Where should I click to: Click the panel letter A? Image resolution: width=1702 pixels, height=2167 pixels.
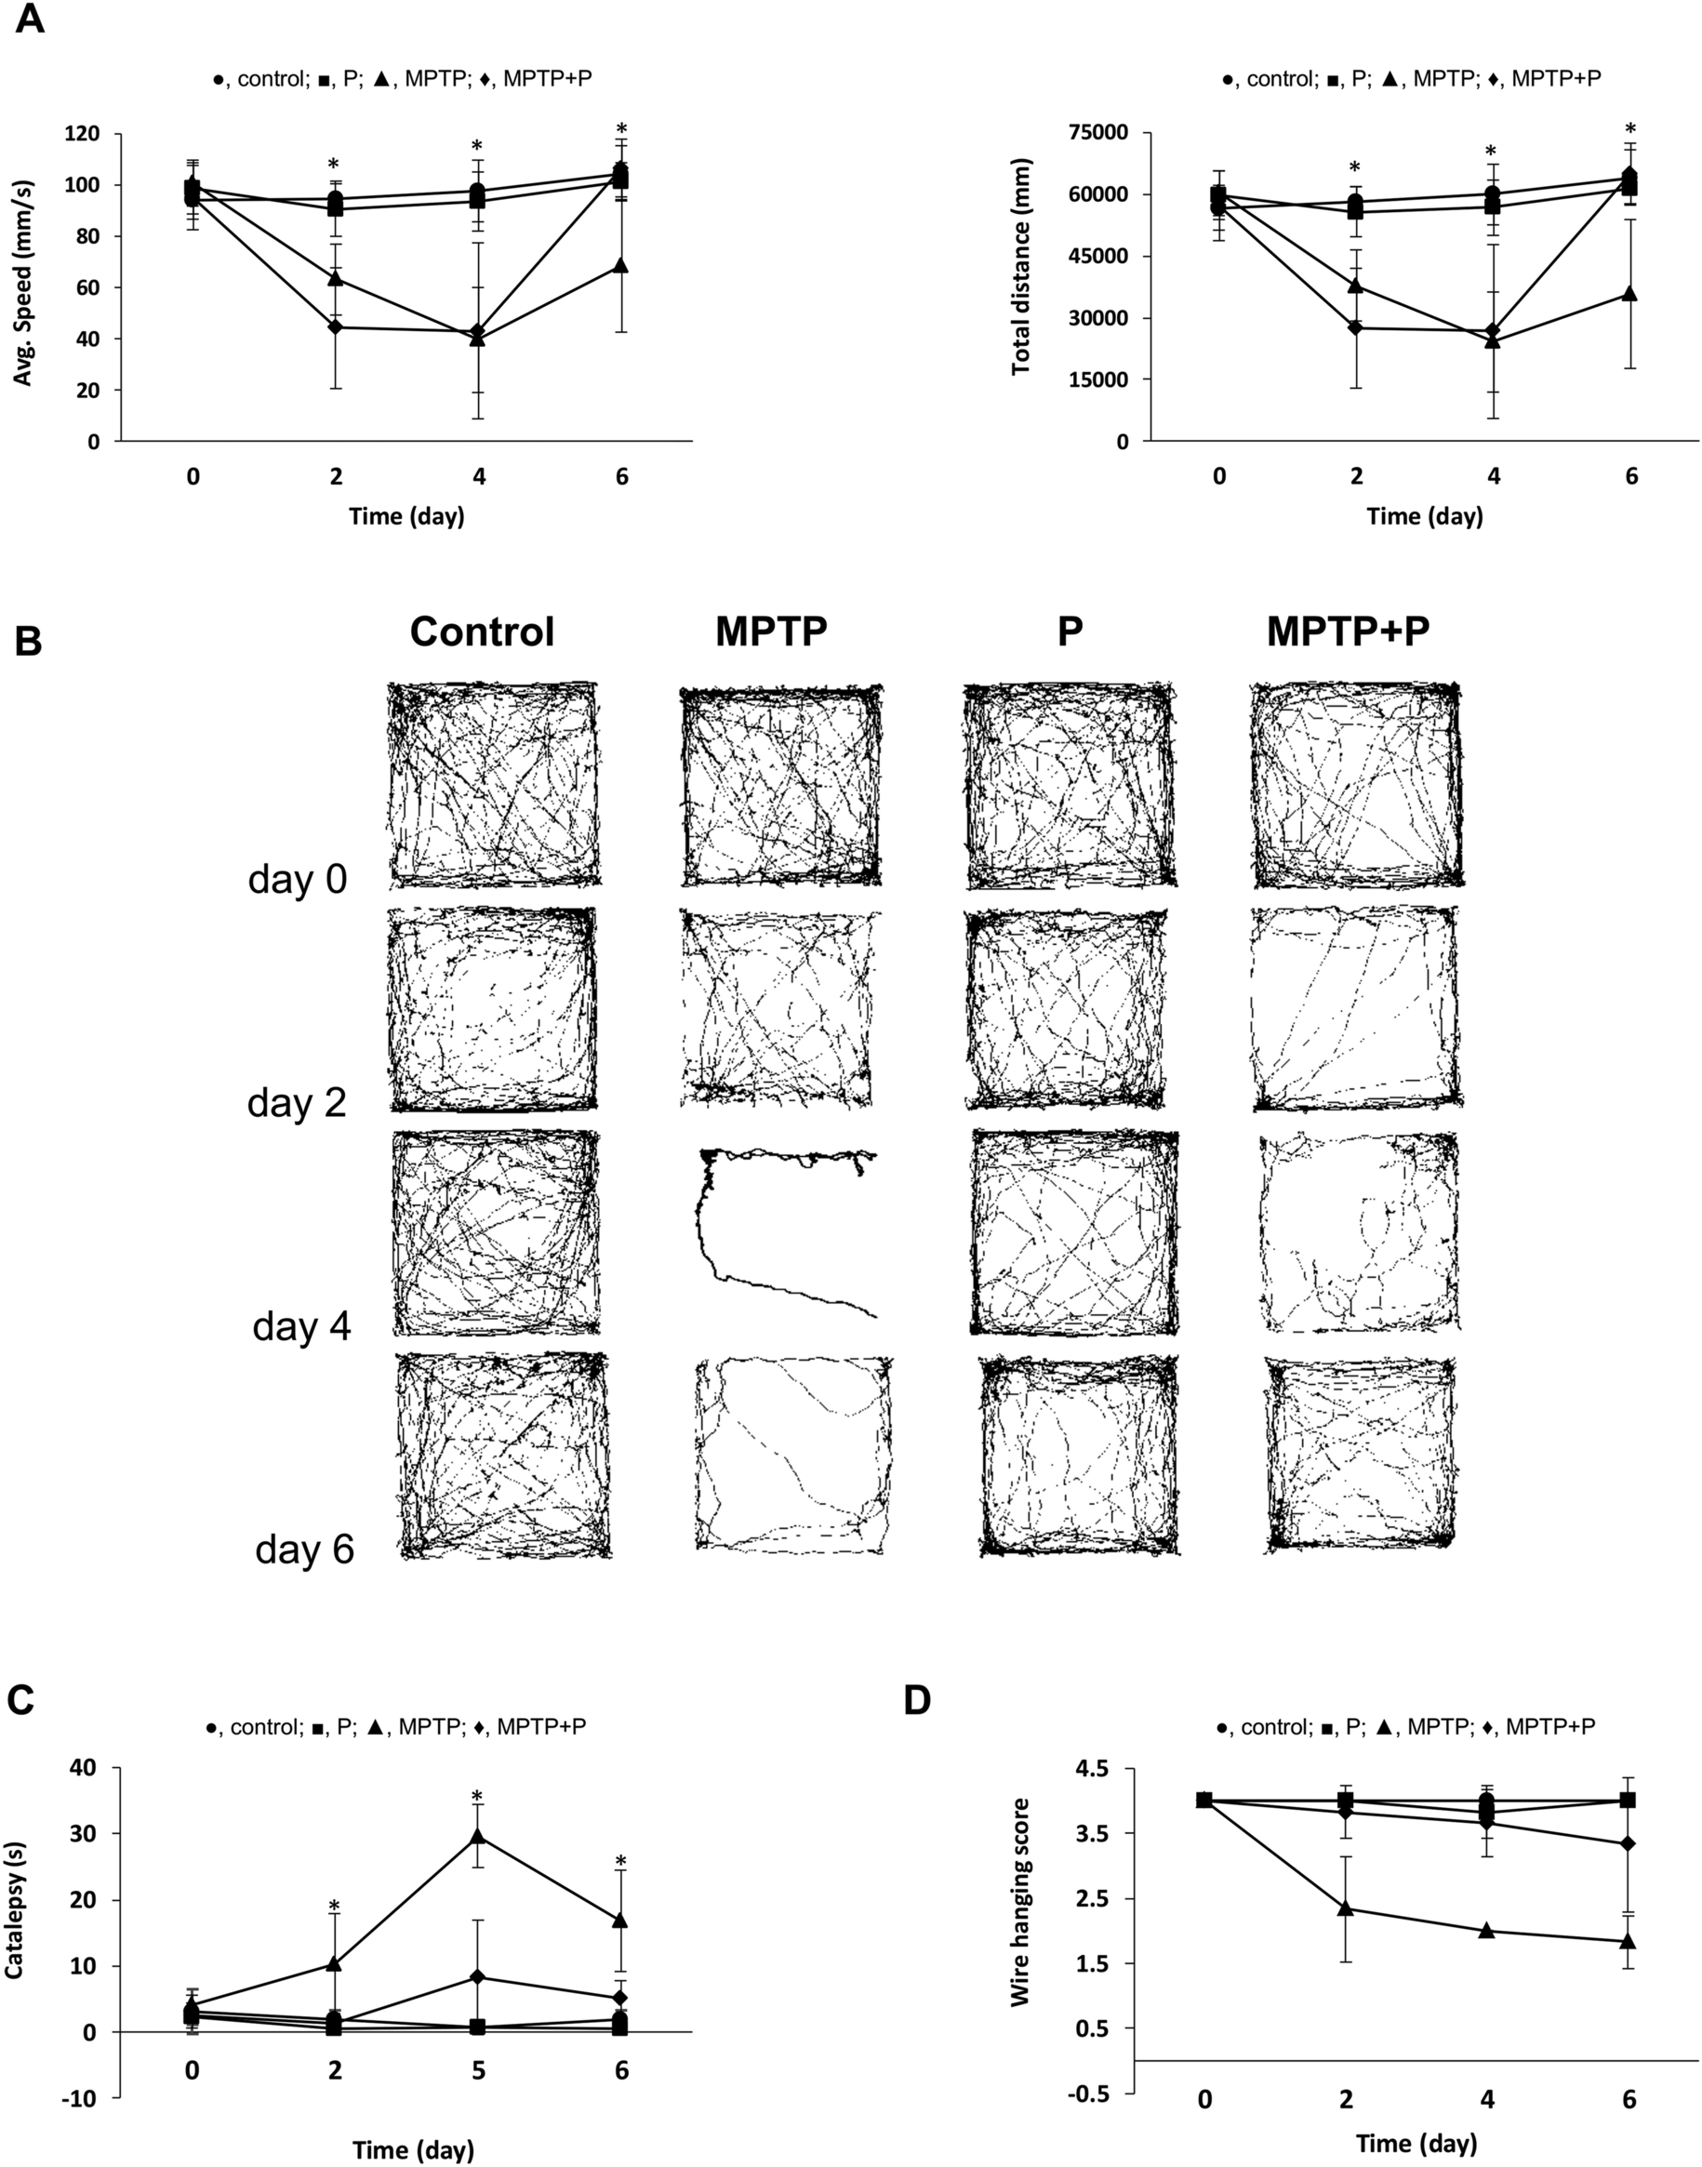pyautogui.click(x=30, y=19)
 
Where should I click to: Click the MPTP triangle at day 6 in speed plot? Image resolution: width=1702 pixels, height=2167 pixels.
pyautogui.click(x=622, y=266)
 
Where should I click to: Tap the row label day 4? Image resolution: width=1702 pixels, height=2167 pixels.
pyautogui.click(x=301, y=1326)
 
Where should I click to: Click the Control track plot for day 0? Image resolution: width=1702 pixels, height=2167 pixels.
pyautogui.click(x=494, y=784)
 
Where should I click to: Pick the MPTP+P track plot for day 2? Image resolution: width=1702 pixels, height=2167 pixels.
pyautogui.click(x=1353, y=1007)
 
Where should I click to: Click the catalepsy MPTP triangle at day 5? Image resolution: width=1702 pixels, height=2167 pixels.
pyautogui.click(x=478, y=1835)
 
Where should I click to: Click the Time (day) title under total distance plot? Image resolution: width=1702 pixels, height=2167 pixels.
pyautogui.click(x=1424, y=516)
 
